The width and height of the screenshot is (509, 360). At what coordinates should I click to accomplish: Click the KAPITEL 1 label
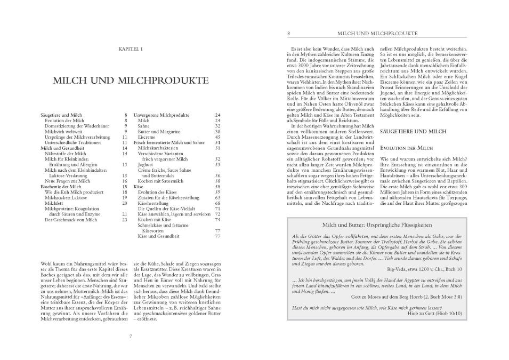pyautogui.click(x=130, y=50)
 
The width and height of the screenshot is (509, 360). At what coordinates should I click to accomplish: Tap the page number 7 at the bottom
pyautogui.click(x=131, y=336)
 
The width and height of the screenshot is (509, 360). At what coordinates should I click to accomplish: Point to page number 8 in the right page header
pyautogui.click(x=288, y=33)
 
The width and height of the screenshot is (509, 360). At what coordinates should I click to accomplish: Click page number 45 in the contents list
pyautogui.click(x=217, y=137)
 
